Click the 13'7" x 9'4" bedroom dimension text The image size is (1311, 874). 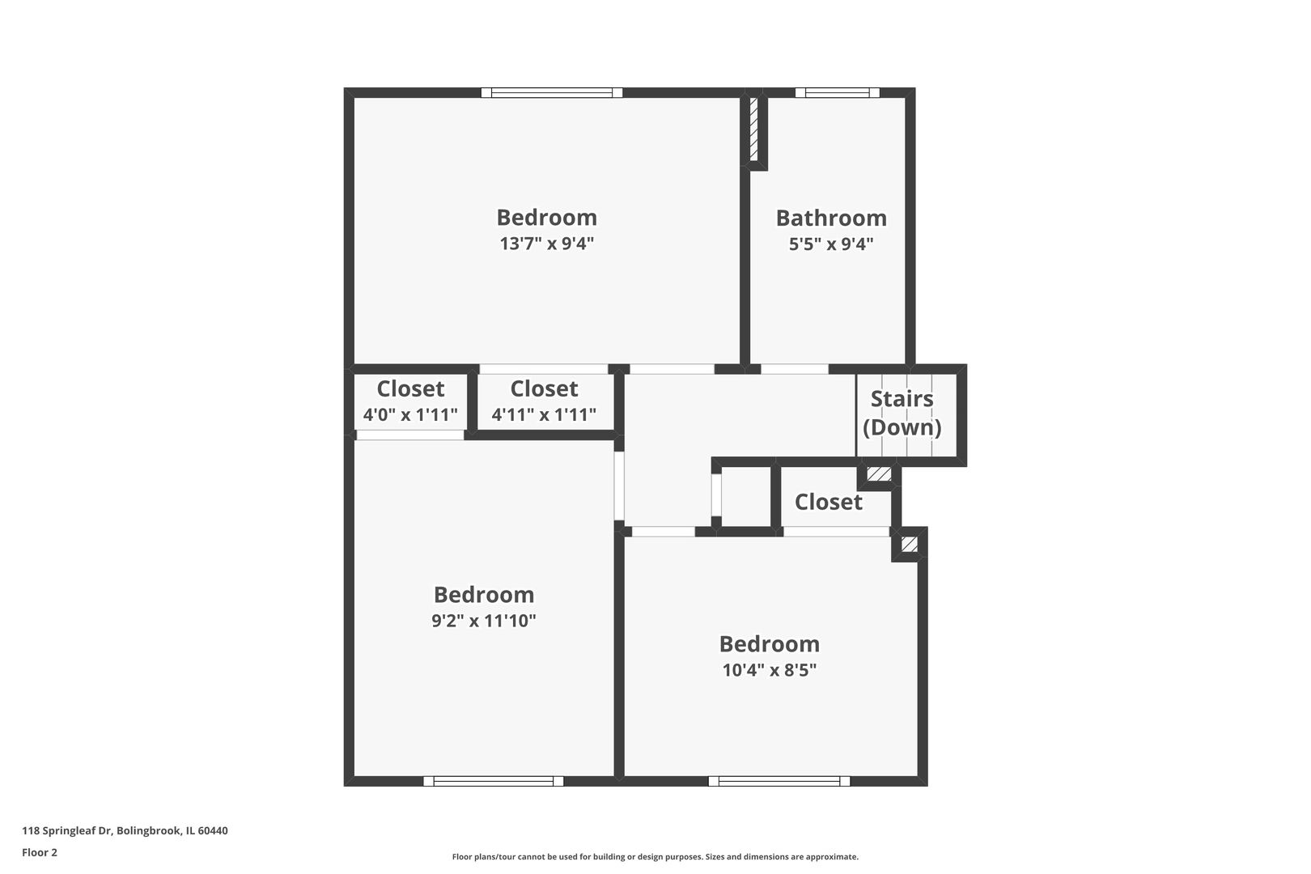click(x=546, y=243)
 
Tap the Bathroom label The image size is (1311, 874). click(x=831, y=218)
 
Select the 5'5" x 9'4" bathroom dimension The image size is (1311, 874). click(x=831, y=244)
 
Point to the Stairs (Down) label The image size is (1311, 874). click(x=902, y=413)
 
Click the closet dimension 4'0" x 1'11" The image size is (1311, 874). click(x=410, y=414)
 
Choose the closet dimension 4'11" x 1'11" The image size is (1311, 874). click(x=544, y=414)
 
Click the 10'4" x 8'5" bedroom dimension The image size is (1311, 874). click(x=769, y=669)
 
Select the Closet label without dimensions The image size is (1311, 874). click(x=828, y=502)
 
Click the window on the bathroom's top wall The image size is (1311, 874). click(x=837, y=92)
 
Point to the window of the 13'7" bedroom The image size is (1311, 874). click(x=551, y=92)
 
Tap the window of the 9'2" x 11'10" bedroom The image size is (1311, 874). click(x=494, y=781)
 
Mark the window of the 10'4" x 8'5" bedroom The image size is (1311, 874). click(x=779, y=781)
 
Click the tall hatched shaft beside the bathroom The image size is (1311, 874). click(x=754, y=129)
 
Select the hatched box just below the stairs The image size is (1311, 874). click(x=879, y=473)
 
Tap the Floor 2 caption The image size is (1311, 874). click(x=40, y=852)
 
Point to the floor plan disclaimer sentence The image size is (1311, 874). click(x=655, y=856)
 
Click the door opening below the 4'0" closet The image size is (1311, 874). click(x=409, y=435)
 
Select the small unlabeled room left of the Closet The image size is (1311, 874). click(x=745, y=496)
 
